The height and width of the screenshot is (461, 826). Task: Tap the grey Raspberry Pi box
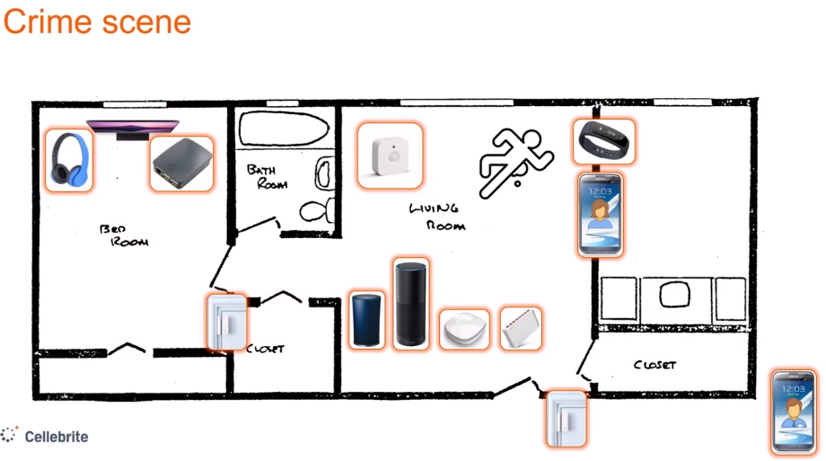181,163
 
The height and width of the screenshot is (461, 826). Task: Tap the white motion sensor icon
390,155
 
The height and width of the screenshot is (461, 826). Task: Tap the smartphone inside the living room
601,215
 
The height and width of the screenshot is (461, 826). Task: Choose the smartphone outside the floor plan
795,412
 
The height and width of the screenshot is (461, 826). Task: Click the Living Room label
436,217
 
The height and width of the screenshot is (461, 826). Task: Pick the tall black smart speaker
411,302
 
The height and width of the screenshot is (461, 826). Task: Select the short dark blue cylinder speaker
366,319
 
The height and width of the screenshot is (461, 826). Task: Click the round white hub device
464,329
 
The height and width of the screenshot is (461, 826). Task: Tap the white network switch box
521,328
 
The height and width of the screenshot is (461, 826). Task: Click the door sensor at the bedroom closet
225,321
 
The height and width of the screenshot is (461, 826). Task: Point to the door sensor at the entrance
567,417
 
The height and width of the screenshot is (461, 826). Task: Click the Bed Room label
125,236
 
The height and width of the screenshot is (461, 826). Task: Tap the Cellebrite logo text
57,437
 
